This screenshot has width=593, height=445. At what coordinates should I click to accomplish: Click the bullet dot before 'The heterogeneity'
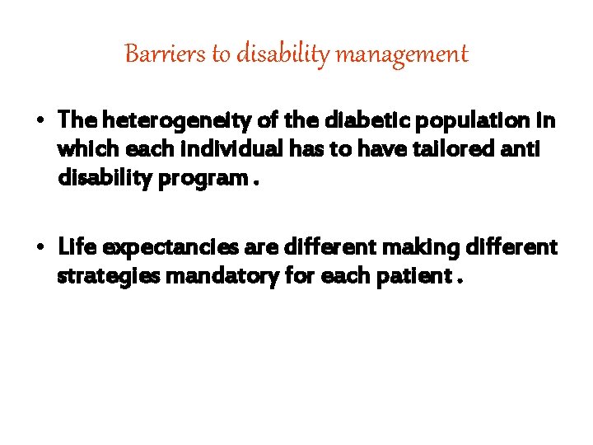pos(40,121)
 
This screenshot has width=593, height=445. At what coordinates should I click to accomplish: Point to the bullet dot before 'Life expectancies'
pos(40,247)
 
